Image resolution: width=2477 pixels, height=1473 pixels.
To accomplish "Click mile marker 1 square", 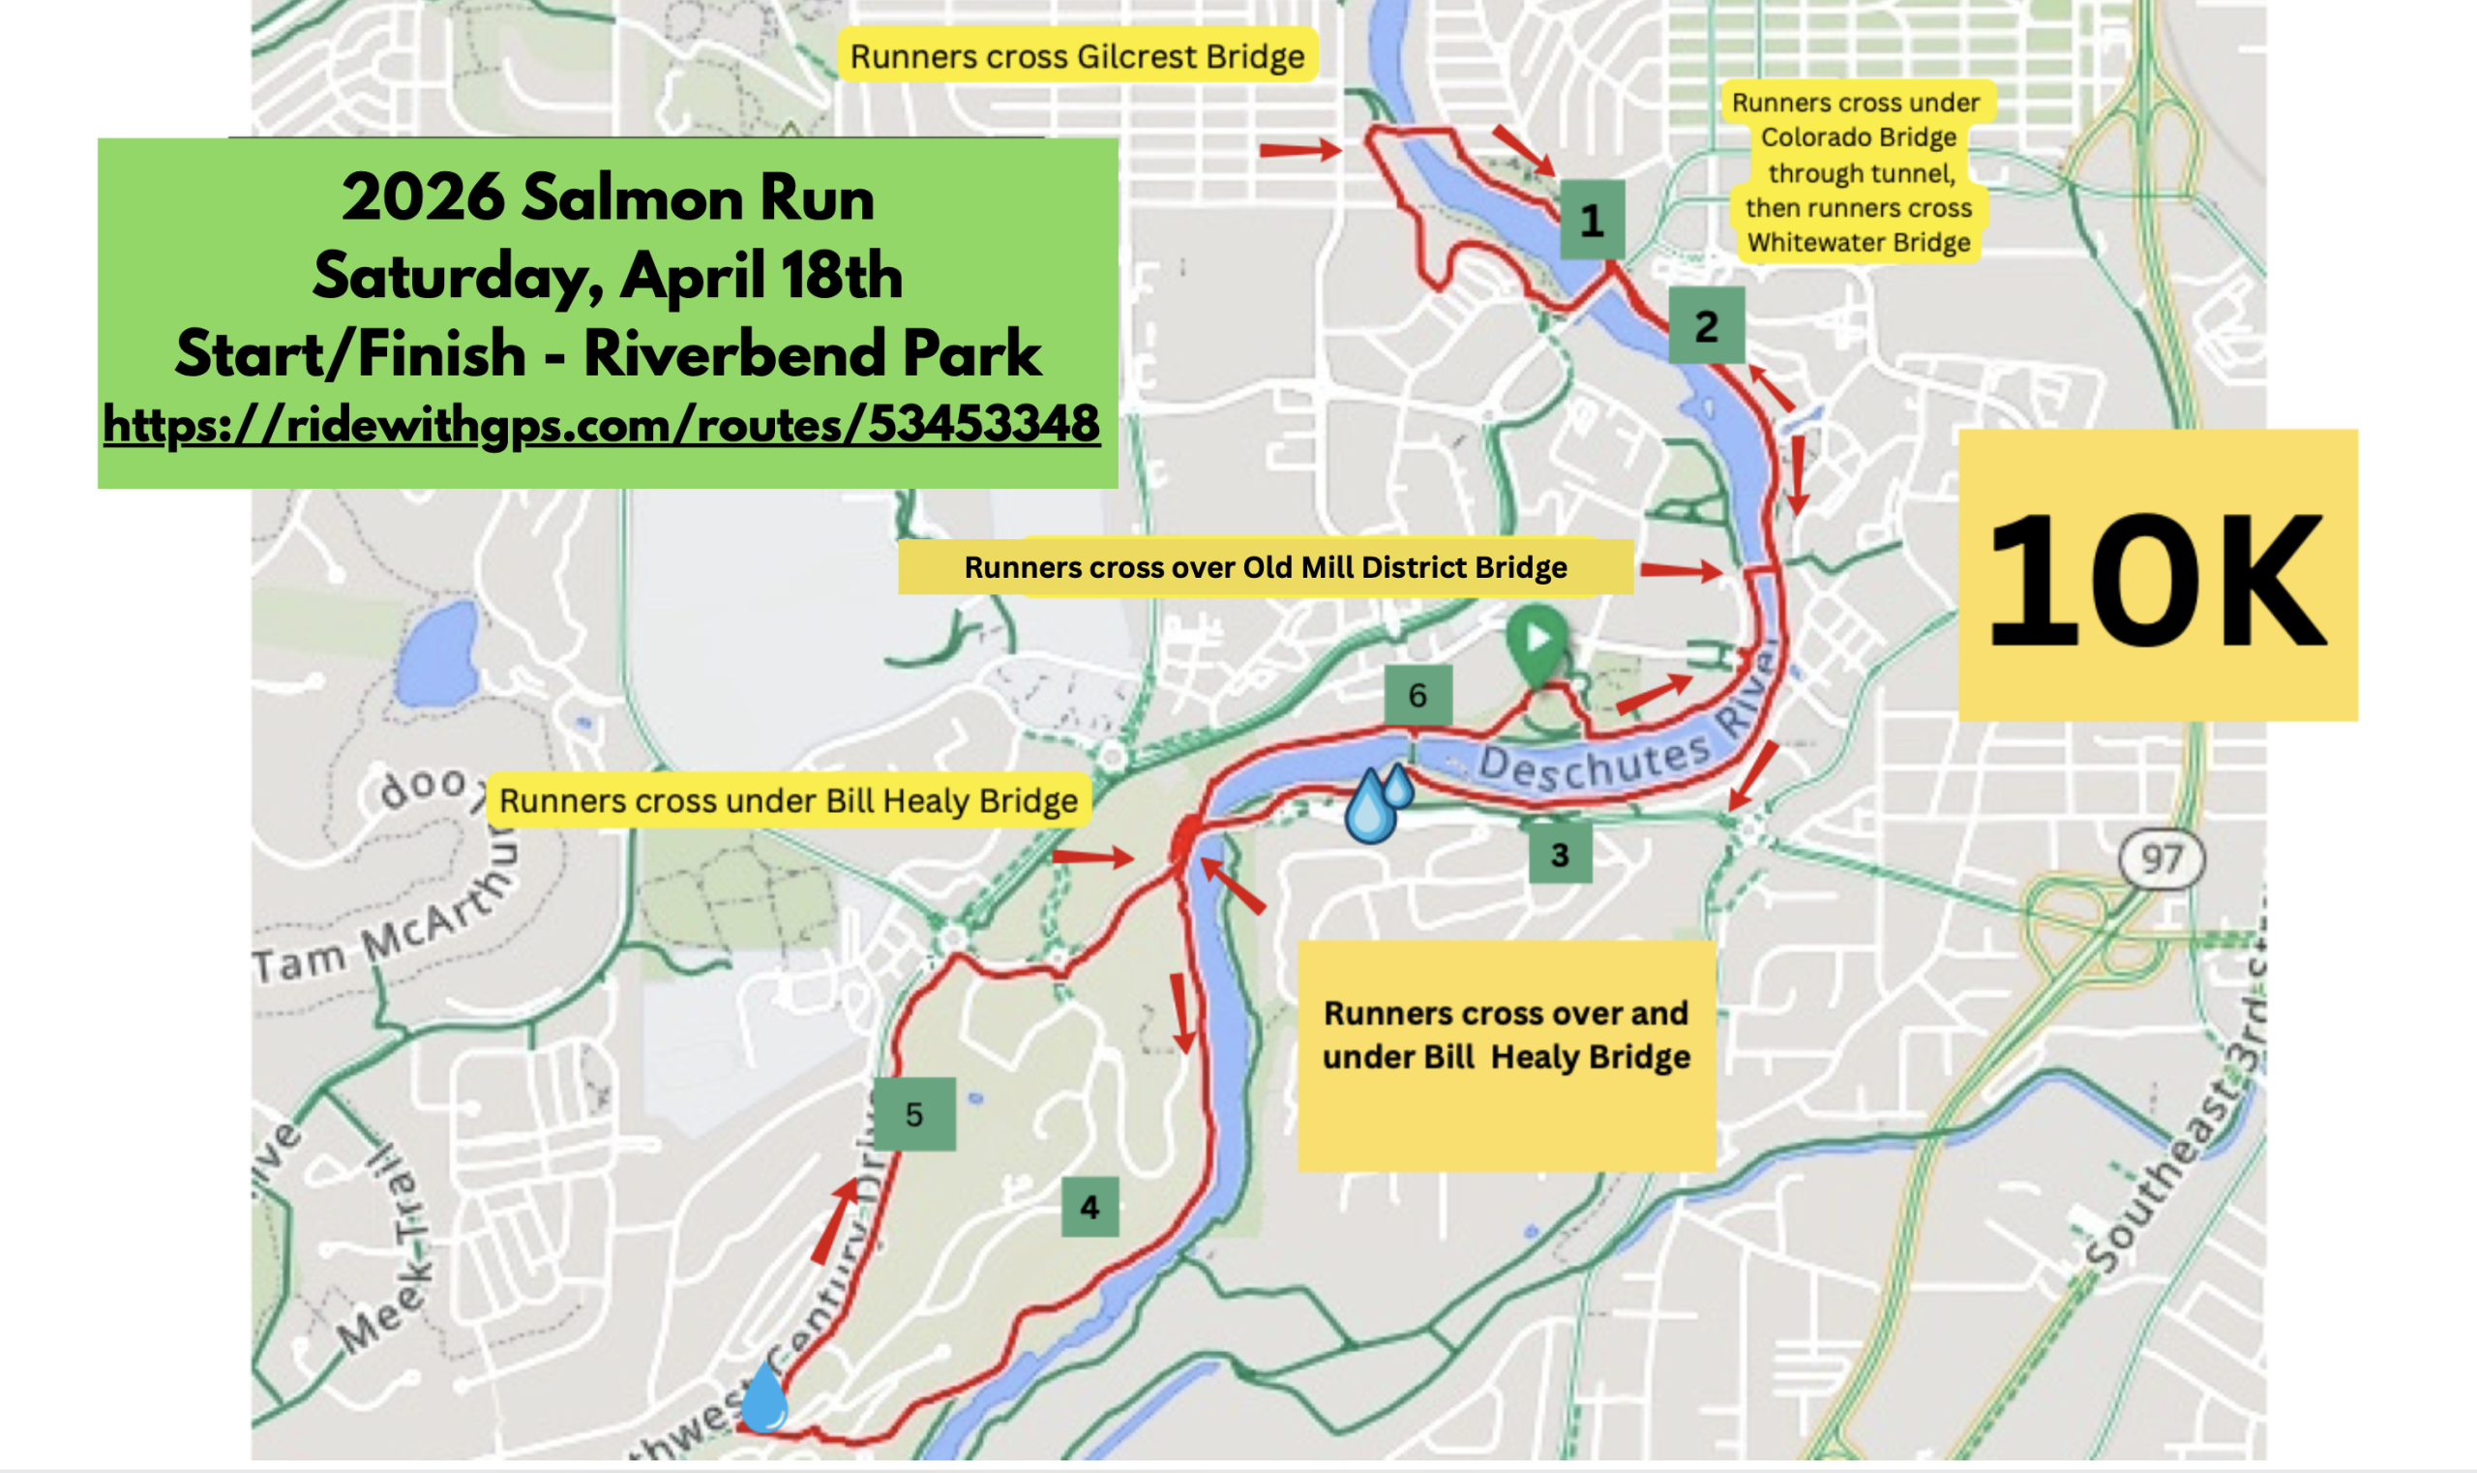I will tap(1591, 220).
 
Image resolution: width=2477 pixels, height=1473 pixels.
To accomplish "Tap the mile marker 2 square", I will tap(1706, 324).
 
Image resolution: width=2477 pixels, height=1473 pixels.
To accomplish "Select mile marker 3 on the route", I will tap(1559, 854).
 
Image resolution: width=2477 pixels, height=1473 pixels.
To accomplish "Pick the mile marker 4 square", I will tap(1089, 1206).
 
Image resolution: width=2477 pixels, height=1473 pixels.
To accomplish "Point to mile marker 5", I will tap(914, 1114).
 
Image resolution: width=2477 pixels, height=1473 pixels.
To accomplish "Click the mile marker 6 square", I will tap(1418, 695).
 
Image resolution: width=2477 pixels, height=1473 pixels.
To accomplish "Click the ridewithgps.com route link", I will tap(602, 425).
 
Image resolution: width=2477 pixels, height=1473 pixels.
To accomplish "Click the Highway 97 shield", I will tap(2161, 858).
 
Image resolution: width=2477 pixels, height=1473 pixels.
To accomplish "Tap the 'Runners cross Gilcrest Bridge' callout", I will tap(1077, 56).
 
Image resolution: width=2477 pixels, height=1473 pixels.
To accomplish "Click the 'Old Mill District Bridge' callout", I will tap(1266, 567).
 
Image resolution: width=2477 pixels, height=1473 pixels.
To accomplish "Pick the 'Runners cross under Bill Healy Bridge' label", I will tap(788, 800).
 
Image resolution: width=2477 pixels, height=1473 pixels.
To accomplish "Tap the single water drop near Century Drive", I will tap(764, 1397).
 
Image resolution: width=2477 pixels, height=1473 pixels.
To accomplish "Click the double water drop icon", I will tap(1378, 802).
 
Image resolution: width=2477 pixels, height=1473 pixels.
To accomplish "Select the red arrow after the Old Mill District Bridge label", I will tap(1680, 570).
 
